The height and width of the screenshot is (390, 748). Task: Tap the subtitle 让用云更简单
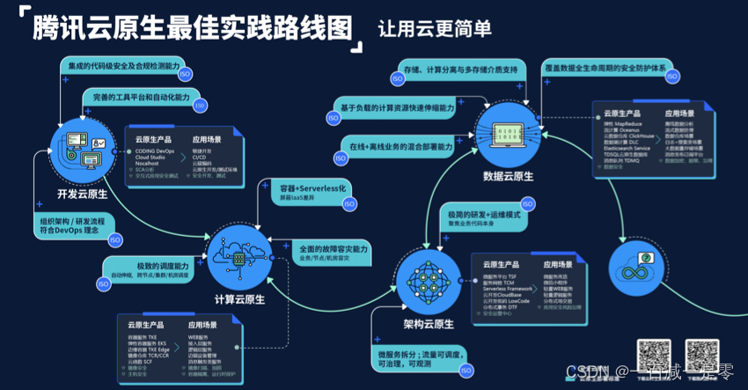click(434, 28)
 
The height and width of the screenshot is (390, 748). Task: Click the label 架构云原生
click(428, 324)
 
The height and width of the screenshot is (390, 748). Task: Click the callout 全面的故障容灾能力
click(331, 253)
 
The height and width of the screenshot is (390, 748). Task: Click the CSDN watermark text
click(582, 372)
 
